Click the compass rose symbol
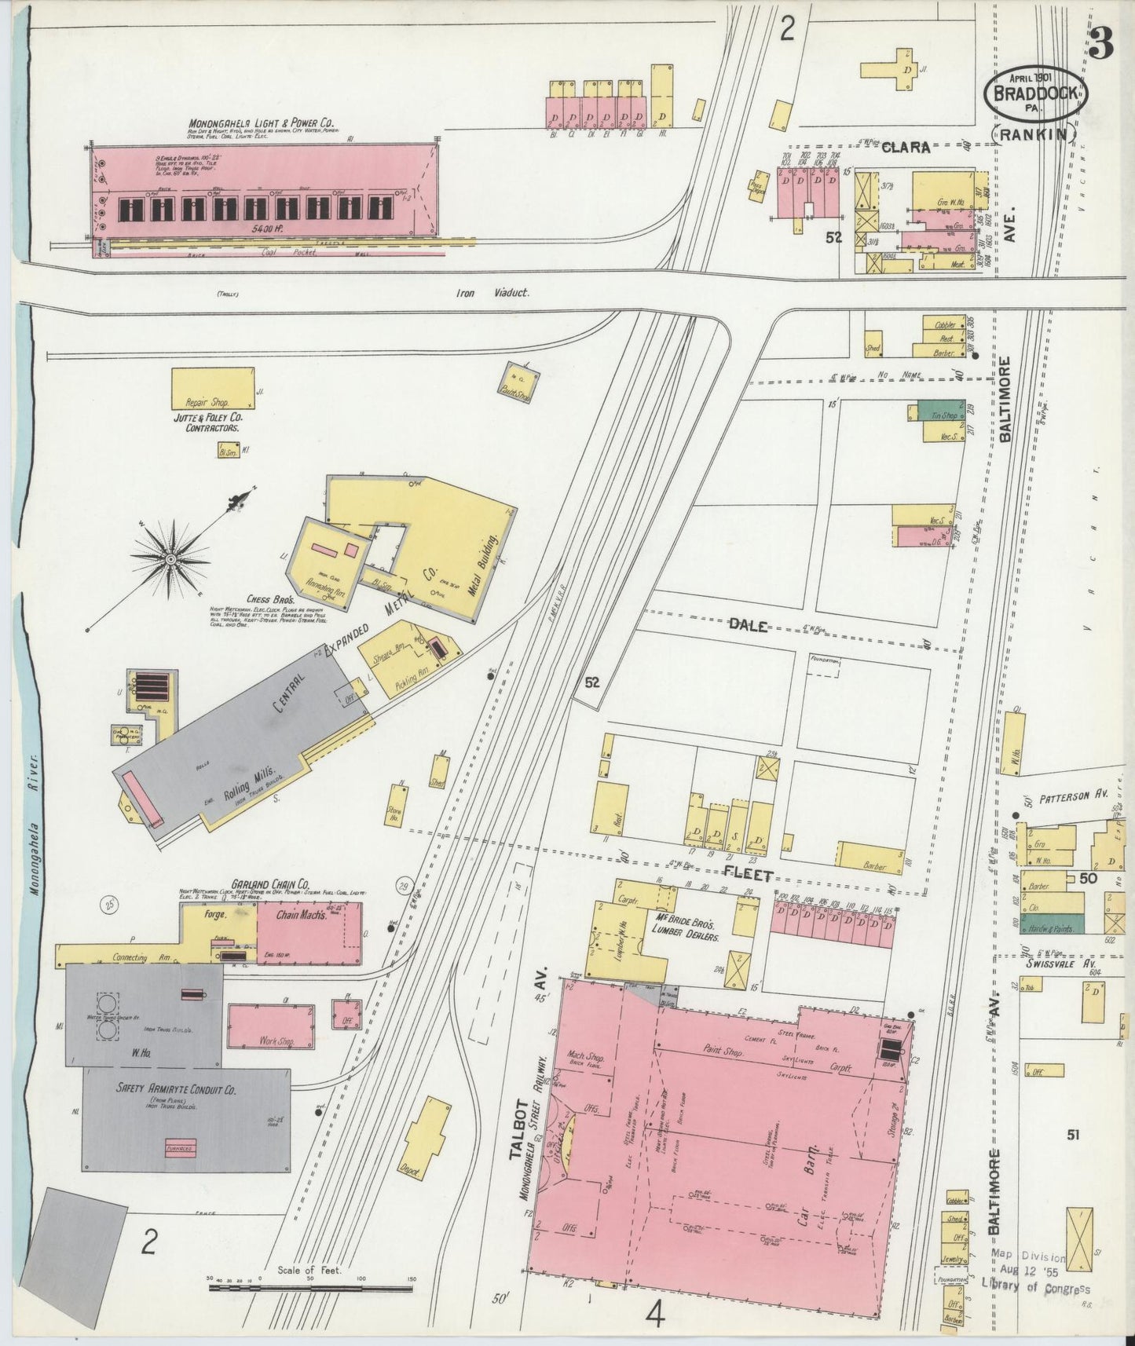pos(170,558)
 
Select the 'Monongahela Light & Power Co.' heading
pos(261,123)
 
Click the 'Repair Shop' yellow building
pos(213,387)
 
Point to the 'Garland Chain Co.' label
pos(269,883)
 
